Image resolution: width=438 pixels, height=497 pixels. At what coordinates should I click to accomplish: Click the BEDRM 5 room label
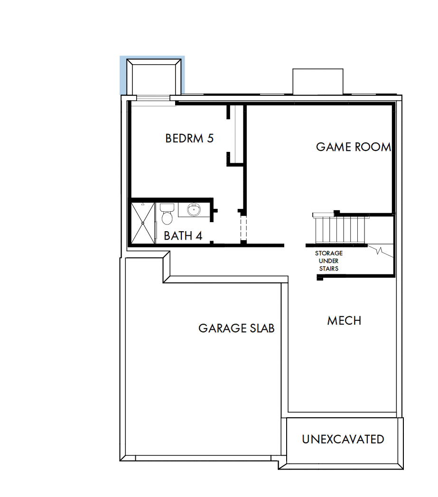pos(189,138)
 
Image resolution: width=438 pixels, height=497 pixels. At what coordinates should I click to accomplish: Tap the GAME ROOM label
pos(354,147)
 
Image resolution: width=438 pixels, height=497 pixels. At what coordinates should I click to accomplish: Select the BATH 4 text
pos(183,235)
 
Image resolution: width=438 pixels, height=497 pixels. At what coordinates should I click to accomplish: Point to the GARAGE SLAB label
pos(236,328)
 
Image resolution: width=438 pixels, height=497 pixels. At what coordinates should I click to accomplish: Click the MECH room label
pos(344,320)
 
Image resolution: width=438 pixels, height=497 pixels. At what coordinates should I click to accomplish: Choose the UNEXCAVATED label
pos(343,439)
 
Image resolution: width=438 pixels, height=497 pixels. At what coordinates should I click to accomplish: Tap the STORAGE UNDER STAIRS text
pos(328,261)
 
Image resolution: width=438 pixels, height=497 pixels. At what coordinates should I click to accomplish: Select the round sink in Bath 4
pos(194,209)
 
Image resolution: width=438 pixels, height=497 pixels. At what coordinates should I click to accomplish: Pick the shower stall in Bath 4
pos(143,223)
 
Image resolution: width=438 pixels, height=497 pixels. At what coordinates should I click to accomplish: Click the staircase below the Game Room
pos(340,229)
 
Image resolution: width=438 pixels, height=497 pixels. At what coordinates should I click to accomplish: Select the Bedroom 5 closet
pos(236,135)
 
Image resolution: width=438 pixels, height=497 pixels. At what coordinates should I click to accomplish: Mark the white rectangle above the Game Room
pos(317,82)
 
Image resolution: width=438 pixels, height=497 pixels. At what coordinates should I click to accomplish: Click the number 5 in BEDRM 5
pos(210,138)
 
